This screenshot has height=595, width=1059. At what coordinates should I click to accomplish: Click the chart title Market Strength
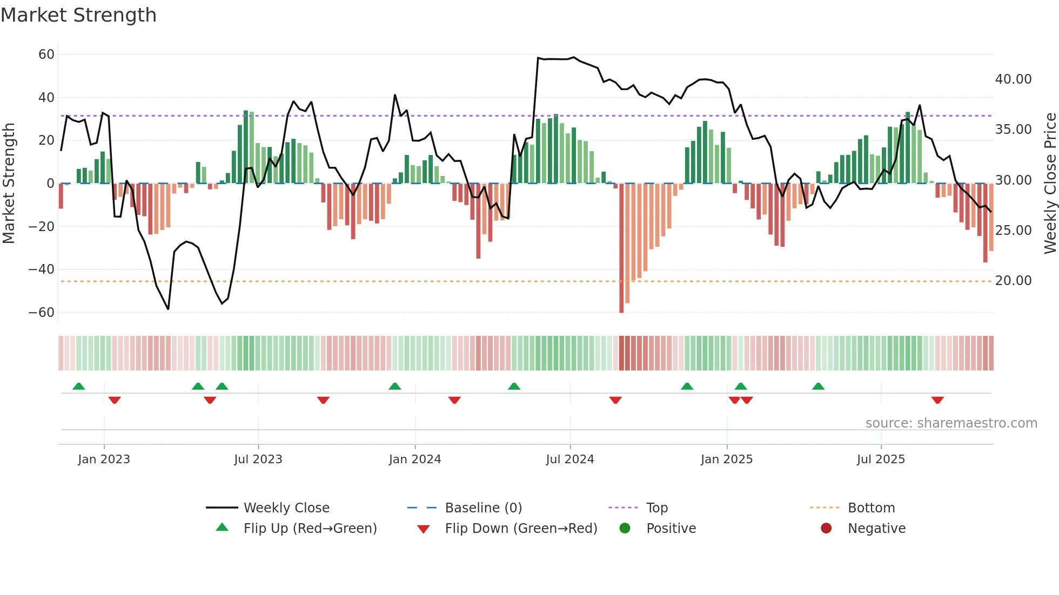78,15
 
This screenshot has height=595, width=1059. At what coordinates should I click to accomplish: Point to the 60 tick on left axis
46,55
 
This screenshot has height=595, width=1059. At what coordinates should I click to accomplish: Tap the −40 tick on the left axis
41,269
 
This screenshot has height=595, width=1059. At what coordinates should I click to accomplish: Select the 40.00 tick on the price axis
1013,79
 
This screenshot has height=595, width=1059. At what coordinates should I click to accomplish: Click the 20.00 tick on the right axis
1013,281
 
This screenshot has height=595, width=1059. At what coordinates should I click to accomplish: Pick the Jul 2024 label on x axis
569,459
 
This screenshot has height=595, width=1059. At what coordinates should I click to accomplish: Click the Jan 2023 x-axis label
104,459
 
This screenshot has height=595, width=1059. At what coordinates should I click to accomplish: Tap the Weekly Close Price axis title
1050,184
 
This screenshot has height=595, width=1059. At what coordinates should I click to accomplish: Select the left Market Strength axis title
9,184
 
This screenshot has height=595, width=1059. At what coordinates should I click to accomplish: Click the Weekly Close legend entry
286,508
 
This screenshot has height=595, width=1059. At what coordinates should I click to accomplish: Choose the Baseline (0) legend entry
483,508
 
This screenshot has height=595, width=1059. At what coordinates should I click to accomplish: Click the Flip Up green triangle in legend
222,528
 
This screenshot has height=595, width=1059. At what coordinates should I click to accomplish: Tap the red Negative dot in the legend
826,529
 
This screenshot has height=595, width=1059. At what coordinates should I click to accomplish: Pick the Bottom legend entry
871,508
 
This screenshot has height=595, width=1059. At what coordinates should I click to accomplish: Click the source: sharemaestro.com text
951,423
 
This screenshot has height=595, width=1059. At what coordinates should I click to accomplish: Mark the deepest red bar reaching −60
621,248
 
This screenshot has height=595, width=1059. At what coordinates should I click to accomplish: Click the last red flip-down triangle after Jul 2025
937,400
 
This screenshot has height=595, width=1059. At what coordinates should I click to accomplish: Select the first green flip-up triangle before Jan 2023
79,386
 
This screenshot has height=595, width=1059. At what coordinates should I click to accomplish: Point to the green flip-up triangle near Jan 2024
395,386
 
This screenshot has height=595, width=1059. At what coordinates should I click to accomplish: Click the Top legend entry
656,508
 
